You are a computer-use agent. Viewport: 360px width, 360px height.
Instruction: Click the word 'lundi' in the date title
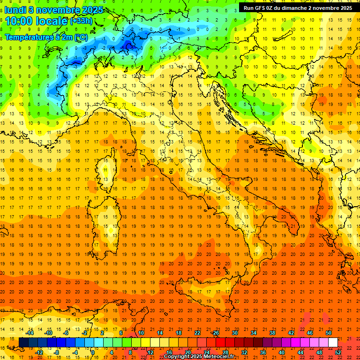click(x=15, y=10)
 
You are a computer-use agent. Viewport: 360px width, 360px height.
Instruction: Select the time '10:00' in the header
click(x=18, y=21)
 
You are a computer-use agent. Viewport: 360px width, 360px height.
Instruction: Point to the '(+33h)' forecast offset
click(x=81, y=21)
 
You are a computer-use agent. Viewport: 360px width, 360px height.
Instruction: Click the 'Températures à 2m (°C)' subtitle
click(x=46, y=37)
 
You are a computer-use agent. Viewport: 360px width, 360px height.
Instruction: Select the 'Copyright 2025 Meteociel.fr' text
click(x=199, y=357)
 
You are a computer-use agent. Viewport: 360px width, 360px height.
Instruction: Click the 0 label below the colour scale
click(x=93, y=352)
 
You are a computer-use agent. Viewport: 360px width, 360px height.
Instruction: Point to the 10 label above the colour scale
click(x=141, y=333)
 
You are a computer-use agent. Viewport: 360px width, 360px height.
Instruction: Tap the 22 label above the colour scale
click(x=197, y=333)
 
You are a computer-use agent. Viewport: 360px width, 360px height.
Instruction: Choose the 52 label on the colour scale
click(x=338, y=352)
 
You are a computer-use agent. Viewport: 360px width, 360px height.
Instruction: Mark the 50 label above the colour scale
click(x=329, y=333)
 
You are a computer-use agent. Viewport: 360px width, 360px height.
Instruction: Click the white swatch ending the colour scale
click(x=333, y=343)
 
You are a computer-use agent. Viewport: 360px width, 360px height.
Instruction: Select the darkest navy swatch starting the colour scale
click(x=23, y=343)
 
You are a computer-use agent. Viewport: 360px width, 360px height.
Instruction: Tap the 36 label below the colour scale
click(x=263, y=352)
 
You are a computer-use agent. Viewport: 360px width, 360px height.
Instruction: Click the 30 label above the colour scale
click(x=234, y=333)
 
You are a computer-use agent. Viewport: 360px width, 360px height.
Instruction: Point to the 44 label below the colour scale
click(x=300, y=352)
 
